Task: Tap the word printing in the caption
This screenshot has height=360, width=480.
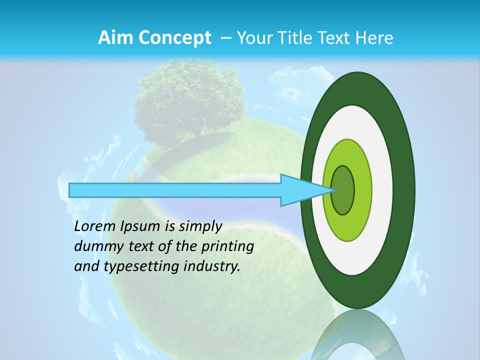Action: (x=227, y=247)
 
